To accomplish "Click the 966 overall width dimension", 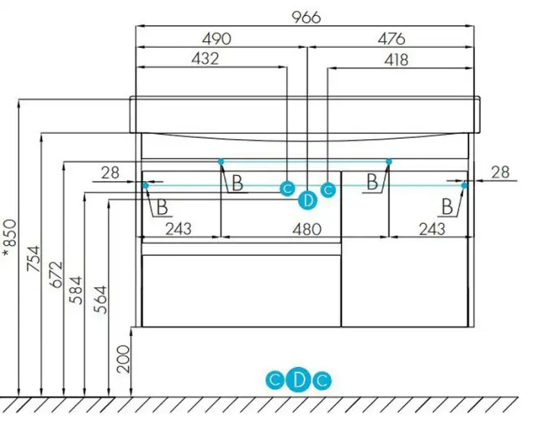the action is click(306, 18).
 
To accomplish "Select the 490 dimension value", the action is click(216, 39).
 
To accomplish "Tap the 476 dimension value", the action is click(391, 39).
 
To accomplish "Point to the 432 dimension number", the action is click(205, 59).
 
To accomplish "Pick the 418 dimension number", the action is click(397, 60).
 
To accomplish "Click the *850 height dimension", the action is click(10, 238).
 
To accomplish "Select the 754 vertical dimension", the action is click(34, 259).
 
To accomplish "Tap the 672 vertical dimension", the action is click(56, 274).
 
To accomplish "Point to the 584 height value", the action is click(75, 290).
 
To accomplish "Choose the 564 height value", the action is click(101, 300).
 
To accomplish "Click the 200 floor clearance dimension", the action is click(123, 359).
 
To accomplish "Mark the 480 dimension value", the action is click(307, 229).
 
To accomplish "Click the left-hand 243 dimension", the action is click(178, 229).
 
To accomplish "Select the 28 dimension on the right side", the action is click(500, 172).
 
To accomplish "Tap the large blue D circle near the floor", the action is click(298, 380).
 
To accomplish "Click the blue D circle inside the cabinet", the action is click(308, 201).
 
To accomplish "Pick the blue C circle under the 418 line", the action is click(328, 190).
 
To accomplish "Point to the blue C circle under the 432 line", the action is click(288, 189).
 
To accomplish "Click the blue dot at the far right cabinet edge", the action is click(464, 185).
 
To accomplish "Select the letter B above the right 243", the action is click(448, 206).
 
